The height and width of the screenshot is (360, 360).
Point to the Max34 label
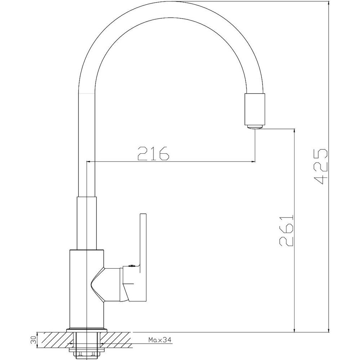point(160,339)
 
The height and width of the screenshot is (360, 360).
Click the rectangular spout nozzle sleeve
point(255,109)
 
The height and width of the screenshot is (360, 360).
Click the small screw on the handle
point(132,266)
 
